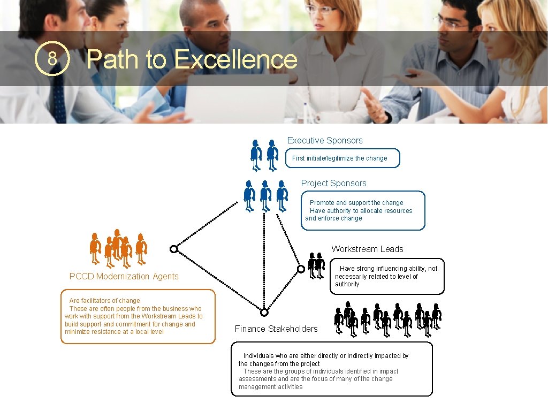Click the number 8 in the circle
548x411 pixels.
click(x=52, y=59)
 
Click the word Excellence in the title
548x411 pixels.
click(x=235, y=59)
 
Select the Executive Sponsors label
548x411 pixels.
click(x=325, y=141)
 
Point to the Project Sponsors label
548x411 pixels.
click(x=333, y=184)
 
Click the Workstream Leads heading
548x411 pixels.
click(x=367, y=249)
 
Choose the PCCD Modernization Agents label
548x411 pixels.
click(x=124, y=276)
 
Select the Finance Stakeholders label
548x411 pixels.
click(x=276, y=329)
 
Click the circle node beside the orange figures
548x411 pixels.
click(x=173, y=249)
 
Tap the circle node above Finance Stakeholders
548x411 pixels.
click(x=264, y=312)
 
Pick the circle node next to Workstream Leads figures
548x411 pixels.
click(x=301, y=269)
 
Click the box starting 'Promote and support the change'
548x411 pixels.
click(x=363, y=210)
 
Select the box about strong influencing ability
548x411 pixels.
click(x=387, y=276)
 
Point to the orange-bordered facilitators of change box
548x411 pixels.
click(x=138, y=316)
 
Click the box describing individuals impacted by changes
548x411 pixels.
click(x=331, y=369)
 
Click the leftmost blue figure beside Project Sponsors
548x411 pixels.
click(x=249, y=195)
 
